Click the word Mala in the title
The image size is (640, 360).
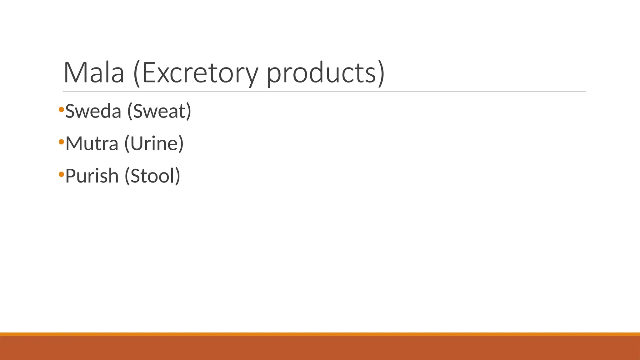[94, 73]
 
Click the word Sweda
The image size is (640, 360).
[93, 111]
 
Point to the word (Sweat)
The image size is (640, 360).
[159, 111]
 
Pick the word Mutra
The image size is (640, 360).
[92, 143]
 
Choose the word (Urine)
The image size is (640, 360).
[154, 143]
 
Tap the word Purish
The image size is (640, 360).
[92, 176]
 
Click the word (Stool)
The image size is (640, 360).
[152, 176]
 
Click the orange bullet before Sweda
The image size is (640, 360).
[61, 109]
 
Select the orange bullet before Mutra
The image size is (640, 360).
[61, 142]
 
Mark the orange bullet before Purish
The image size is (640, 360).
[61, 174]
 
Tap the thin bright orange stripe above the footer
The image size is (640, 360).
[320, 334]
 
